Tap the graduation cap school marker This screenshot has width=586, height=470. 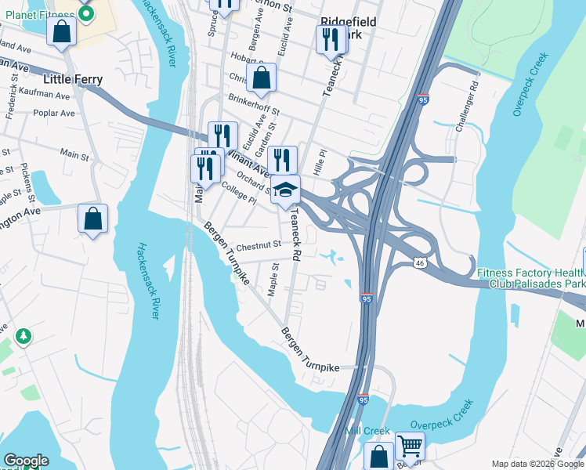[x=286, y=190]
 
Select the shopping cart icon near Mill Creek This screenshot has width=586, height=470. [x=410, y=446]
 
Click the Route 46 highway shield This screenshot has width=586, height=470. [x=421, y=264]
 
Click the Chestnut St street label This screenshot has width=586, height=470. [x=259, y=244]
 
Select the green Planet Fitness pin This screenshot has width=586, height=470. [x=87, y=13]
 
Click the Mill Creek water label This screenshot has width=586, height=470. [x=367, y=431]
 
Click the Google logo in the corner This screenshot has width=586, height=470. [x=26, y=461]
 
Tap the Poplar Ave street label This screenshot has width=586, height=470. [x=54, y=113]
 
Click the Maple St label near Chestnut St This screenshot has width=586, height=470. [x=274, y=280]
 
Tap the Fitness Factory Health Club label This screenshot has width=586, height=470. [x=531, y=278]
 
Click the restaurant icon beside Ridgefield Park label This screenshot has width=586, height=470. [x=330, y=39]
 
